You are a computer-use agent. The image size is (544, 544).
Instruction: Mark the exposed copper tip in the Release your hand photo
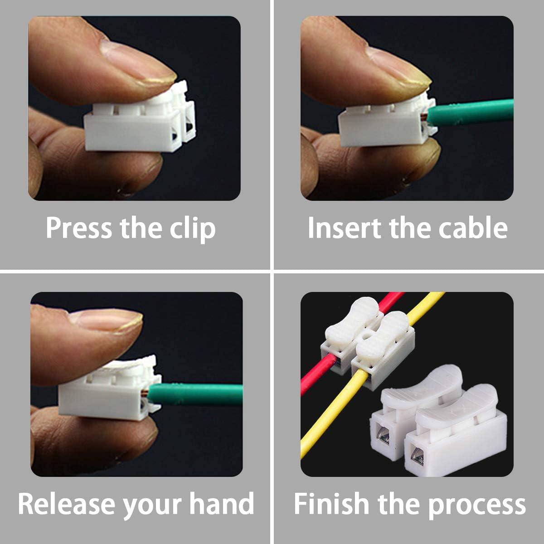[146, 393]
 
